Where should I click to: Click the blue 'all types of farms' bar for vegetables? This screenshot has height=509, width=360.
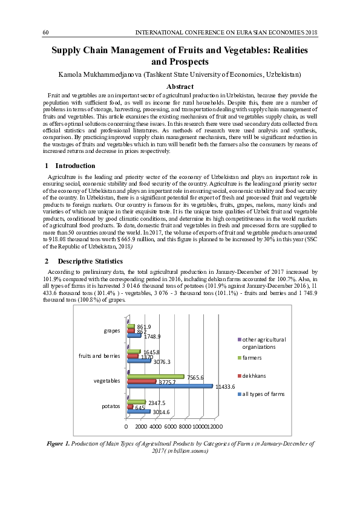[x=169, y=386]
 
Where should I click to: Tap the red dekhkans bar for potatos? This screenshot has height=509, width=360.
[x=130, y=407]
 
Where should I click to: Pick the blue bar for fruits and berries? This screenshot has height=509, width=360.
[x=139, y=361]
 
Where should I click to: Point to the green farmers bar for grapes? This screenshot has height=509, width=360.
[x=131, y=326]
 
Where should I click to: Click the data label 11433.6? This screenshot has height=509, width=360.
[x=224, y=386]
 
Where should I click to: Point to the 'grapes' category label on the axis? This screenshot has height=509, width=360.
[x=111, y=331]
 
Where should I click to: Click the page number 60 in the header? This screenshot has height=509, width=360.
[x=45, y=31]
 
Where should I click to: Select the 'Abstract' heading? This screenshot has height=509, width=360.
[x=180, y=87]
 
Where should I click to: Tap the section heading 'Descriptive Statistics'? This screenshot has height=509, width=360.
[x=91, y=261]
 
